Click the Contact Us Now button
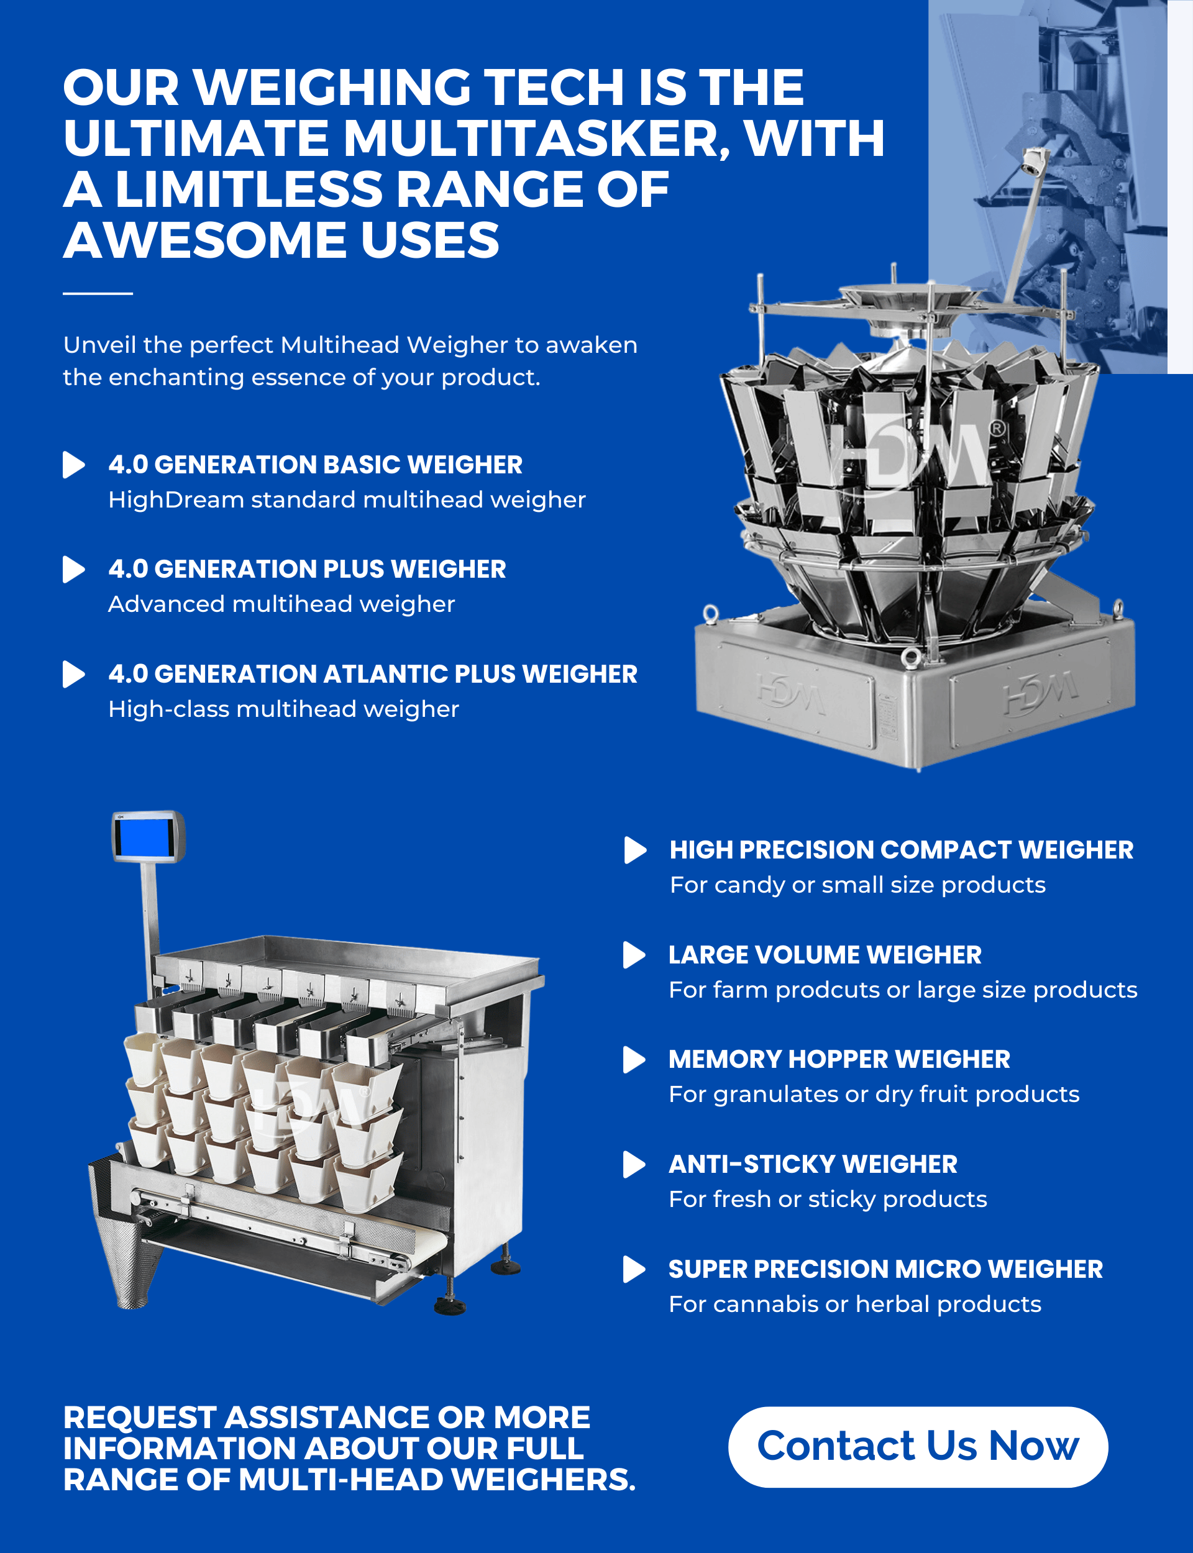[918, 1447]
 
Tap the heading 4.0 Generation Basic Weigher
[315, 465]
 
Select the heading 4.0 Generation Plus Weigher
[307, 569]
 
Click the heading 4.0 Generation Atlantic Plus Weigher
[373, 674]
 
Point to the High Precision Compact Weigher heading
[901, 850]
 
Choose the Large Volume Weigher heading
[825, 955]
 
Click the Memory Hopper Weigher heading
[839, 1059]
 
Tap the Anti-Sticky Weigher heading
[813, 1164]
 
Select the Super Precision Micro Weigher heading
[885, 1269]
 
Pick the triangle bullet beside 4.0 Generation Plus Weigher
[73, 569]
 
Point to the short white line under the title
[98, 293]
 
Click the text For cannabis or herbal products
[855, 1304]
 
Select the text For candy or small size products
[858, 885]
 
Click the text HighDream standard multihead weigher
[347, 499]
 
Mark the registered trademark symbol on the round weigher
[998, 428]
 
